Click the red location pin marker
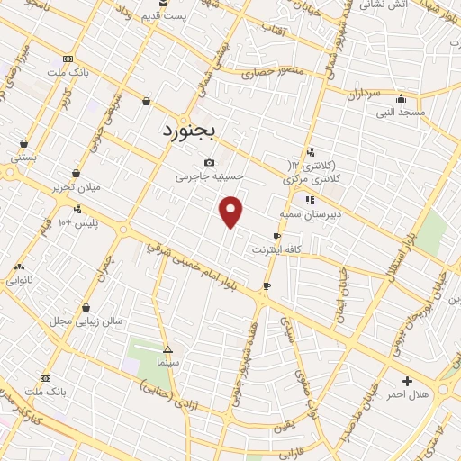(231, 212)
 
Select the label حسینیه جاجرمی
(208, 178)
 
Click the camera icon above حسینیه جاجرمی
(210, 163)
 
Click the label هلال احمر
(407, 395)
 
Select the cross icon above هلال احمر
(407, 381)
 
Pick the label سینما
(167, 362)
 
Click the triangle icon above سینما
(167, 348)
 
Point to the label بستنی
(23, 157)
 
